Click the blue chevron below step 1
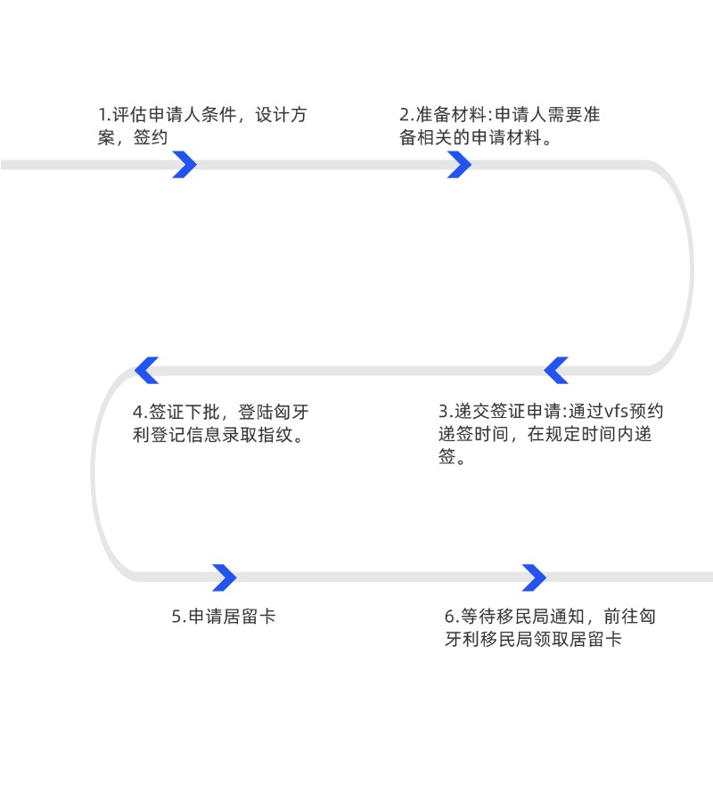tap(184, 165)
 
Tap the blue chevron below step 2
tap(459, 165)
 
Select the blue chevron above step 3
tap(556, 370)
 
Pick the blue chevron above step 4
tap(146, 370)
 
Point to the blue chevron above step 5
tap(225, 577)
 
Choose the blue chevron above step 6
tap(534, 577)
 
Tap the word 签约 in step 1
tap(151, 137)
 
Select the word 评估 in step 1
tap(130, 115)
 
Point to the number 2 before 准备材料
tap(404, 115)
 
